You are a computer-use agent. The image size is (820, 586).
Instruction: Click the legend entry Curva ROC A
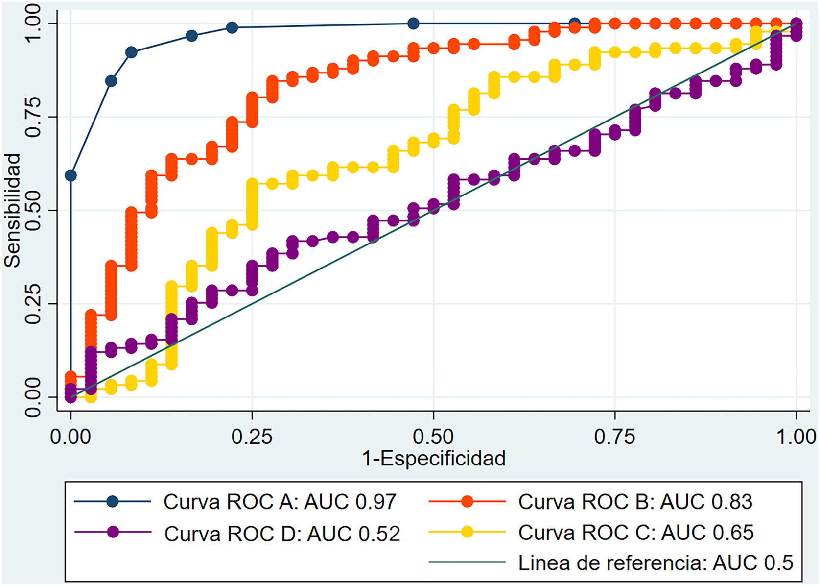[279, 502]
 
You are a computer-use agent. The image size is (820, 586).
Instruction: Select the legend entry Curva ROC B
[634, 502]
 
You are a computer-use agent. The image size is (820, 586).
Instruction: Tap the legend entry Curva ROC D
[281, 533]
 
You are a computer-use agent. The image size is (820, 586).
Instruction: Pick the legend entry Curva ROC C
[635, 533]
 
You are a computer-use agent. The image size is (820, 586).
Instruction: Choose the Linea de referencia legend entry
[655, 563]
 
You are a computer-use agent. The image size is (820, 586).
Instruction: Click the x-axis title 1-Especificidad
[434, 459]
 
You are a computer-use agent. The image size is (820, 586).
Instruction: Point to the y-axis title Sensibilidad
[13, 210]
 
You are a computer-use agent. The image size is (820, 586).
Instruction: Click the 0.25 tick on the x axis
[252, 436]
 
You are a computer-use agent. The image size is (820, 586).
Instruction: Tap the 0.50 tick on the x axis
[433, 436]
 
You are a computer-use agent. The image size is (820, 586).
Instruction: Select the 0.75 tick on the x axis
[615, 436]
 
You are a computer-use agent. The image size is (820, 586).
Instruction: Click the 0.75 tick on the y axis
[32, 117]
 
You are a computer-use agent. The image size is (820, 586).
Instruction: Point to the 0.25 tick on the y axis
[32, 303]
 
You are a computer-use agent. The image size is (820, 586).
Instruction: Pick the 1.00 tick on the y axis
[32, 24]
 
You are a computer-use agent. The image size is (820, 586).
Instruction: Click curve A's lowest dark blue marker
[70, 175]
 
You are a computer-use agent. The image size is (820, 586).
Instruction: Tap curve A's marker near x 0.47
[413, 24]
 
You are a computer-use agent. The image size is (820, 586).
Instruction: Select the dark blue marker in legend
[113, 501]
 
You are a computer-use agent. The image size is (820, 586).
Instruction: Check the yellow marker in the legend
[467, 532]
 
